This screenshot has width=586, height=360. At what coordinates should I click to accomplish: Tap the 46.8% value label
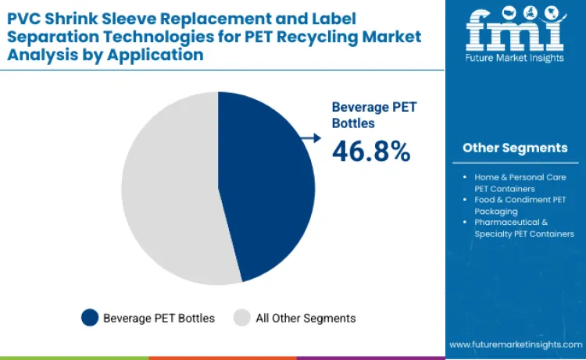coord(371,151)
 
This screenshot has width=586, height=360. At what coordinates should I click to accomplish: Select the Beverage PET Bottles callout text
coord(364,115)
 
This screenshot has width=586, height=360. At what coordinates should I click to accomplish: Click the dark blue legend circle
coord(90,318)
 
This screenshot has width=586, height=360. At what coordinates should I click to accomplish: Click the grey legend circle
coord(242,318)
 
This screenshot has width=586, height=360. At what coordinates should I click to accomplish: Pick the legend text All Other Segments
coord(306,318)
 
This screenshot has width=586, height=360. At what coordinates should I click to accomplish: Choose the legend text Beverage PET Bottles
coord(159,318)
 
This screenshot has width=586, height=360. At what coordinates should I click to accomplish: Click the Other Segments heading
coord(515,148)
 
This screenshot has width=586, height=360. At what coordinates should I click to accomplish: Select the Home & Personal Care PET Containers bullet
coord(520,183)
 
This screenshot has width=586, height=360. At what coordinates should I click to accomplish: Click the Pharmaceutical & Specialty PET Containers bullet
coord(522,228)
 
